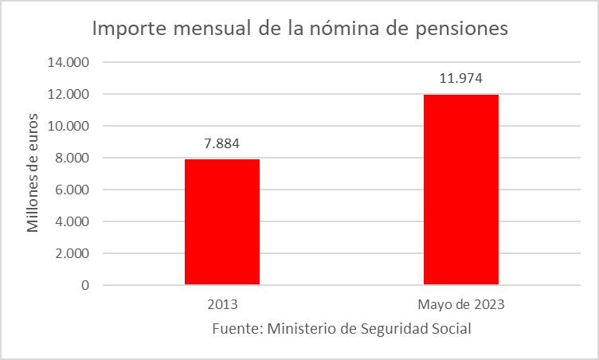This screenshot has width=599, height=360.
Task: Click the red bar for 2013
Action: point(221,221)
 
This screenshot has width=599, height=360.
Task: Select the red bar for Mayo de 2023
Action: point(460,190)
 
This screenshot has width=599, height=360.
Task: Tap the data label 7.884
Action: point(221,143)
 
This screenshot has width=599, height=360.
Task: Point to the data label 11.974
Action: point(460,78)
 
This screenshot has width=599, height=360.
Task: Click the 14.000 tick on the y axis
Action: point(70,62)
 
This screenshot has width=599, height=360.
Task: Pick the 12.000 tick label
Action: point(70,94)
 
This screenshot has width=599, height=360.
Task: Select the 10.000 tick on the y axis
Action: point(70,126)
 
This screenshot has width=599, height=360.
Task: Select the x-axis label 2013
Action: point(221,304)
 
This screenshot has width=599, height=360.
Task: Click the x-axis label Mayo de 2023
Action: point(460,304)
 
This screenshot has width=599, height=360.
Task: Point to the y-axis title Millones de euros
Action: point(33,174)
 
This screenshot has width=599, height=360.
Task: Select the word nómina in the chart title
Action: point(339,29)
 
